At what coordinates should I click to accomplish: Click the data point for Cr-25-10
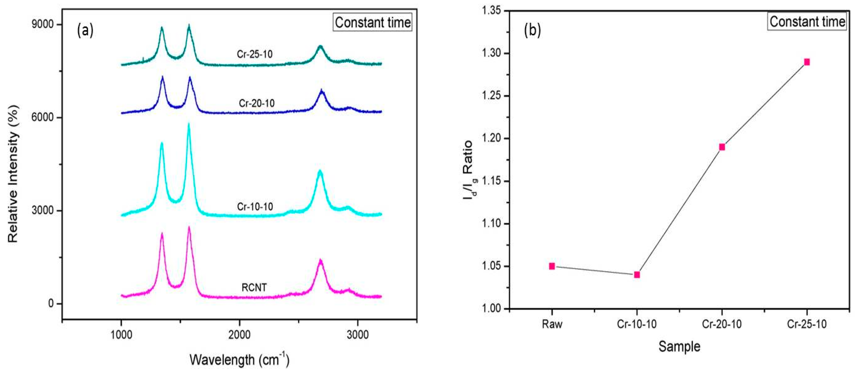pyautogui.click(x=807, y=62)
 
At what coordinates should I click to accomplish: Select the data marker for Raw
pyautogui.click(x=552, y=266)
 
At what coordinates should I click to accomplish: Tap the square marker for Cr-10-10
pyautogui.click(x=637, y=275)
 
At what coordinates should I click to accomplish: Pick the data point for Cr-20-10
pyautogui.click(x=722, y=147)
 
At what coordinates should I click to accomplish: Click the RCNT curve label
pyautogui.click(x=254, y=287)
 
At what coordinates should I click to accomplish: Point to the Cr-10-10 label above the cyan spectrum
pyautogui.click(x=255, y=207)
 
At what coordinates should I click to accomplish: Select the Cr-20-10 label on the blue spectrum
pyautogui.click(x=257, y=103)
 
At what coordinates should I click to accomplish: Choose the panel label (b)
pyautogui.click(x=532, y=30)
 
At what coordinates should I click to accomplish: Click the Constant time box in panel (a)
pyautogui.click(x=372, y=22)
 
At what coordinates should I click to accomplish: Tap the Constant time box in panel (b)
pyautogui.click(x=807, y=22)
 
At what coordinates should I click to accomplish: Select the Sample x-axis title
pyautogui.click(x=679, y=347)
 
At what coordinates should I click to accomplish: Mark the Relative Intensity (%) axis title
pyautogui.click(x=13, y=173)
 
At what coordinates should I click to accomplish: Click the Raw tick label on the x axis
pyautogui.click(x=552, y=324)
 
